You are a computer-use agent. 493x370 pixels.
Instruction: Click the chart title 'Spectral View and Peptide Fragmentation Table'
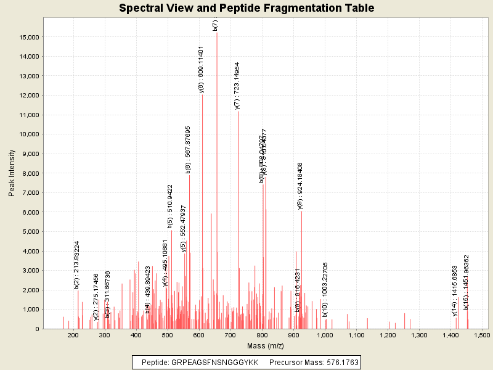246,8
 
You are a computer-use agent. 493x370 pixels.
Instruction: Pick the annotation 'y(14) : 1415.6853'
455,291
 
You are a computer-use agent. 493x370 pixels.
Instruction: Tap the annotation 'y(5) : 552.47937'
184,229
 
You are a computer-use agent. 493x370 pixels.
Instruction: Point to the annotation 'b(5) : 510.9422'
170,207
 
